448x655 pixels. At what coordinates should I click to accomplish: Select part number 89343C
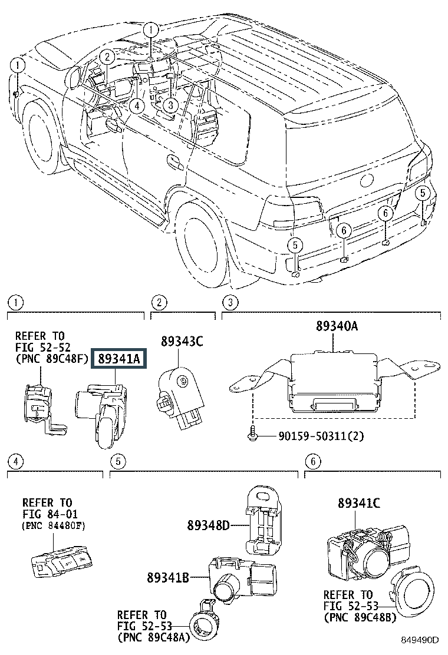coord(182,341)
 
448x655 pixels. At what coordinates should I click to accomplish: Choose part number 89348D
coord(209,525)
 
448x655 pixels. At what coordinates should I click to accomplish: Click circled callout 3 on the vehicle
coord(170,105)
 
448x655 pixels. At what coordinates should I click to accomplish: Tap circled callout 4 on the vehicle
coord(136,106)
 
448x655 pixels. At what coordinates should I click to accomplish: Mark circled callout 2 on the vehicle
coord(106,57)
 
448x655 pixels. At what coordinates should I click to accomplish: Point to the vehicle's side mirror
coord(74,77)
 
